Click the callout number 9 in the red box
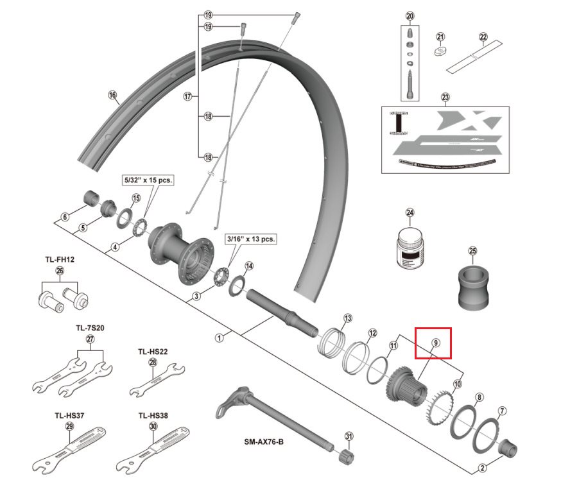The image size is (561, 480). coord(435,343)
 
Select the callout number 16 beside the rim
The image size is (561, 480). coord(113,96)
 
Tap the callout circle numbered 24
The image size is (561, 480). coord(410,213)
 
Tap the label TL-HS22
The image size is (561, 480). coord(153,351)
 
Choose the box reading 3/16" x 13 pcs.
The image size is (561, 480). coord(250,239)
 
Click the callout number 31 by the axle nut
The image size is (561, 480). coord(349,436)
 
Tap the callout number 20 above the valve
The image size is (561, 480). coord(411,16)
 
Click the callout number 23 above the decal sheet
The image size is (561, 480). coord(445,98)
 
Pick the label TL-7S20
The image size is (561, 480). coord(90,327)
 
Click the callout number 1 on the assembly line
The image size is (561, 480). coord(219,337)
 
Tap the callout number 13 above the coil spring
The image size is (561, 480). coord(348,318)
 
